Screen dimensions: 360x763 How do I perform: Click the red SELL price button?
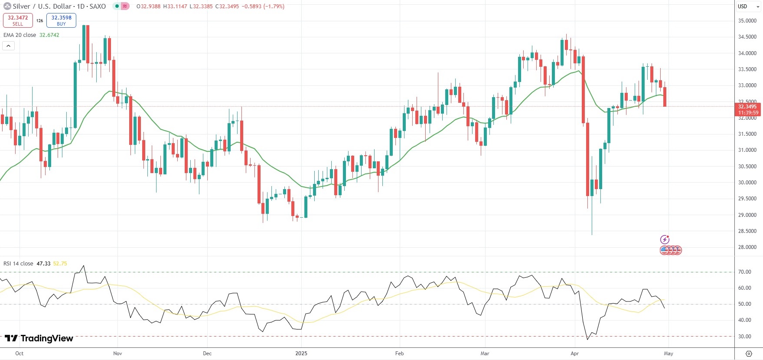pyautogui.click(x=18, y=20)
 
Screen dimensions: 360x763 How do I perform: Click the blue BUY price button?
pyautogui.click(x=61, y=20)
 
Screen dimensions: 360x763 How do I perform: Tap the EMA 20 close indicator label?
pyautogui.click(x=20, y=35)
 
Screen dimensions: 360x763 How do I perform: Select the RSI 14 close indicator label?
pyautogui.click(x=18, y=264)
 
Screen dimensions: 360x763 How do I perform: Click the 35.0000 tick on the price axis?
pyautogui.click(x=747, y=21)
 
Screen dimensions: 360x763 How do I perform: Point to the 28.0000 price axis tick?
pyautogui.click(x=747, y=247)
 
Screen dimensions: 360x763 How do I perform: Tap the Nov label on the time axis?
pyautogui.click(x=117, y=353)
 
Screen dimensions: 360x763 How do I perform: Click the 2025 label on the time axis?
pyautogui.click(x=301, y=353)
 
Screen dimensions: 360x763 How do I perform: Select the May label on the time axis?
pyautogui.click(x=668, y=353)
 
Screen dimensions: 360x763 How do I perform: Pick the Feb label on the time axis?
pyautogui.click(x=399, y=353)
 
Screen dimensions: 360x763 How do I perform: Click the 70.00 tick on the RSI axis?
pyautogui.click(x=745, y=272)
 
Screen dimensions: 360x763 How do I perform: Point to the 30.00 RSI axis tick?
pyautogui.click(x=745, y=337)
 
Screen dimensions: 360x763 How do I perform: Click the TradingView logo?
pyautogui.click(x=39, y=338)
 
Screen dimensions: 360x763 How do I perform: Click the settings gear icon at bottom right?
pyautogui.click(x=749, y=353)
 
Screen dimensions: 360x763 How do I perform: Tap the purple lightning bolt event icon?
pyautogui.click(x=665, y=239)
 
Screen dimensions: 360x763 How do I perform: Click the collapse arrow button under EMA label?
pyautogui.click(x=9, y=46)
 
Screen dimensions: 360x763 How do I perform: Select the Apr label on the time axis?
pyautogui.click(x=574, y=353)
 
